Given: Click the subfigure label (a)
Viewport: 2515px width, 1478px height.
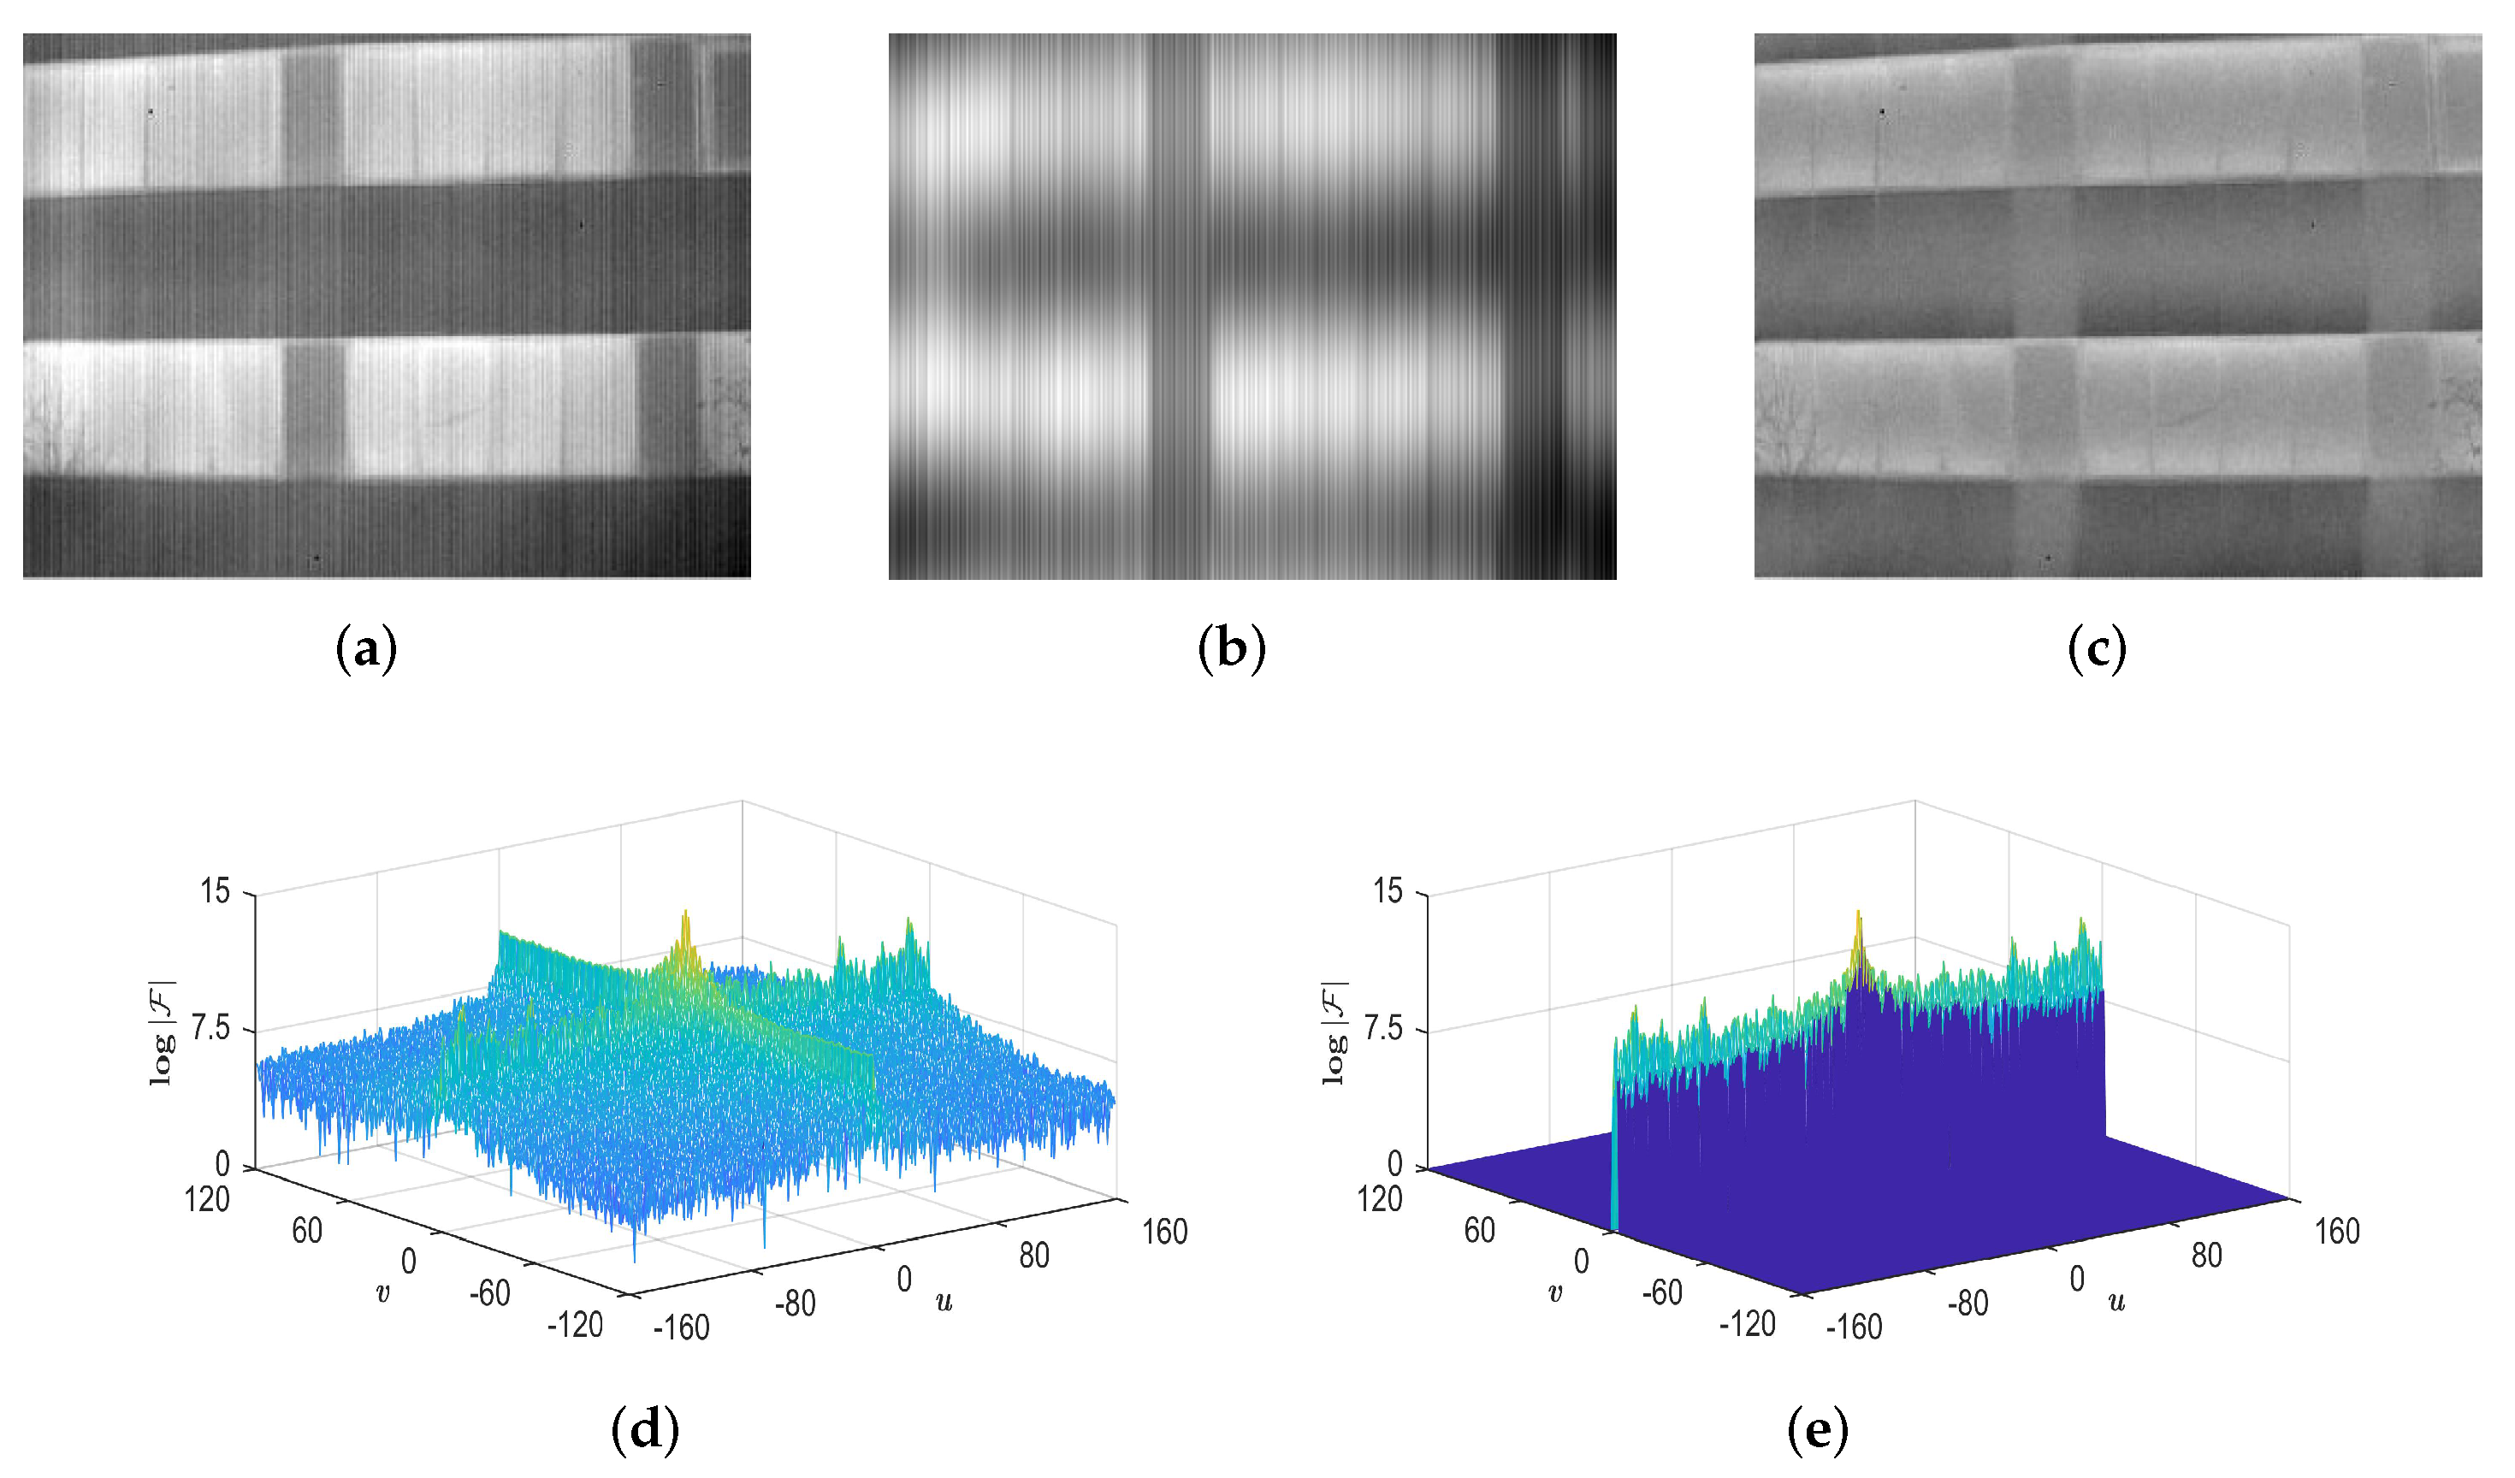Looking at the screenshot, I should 367,650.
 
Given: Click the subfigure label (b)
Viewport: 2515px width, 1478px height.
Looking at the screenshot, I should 1232,650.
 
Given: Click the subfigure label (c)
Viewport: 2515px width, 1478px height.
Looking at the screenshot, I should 2097,650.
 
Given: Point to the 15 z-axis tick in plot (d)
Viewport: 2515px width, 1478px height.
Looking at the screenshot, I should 215,890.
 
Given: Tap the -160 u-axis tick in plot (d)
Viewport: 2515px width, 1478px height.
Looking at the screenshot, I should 681,1327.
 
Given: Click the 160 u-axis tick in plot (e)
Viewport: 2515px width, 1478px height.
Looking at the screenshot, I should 2336,1232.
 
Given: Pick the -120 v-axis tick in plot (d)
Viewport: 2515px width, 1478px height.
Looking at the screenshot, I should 575,1325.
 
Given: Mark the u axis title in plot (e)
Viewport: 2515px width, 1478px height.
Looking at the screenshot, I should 2116,1300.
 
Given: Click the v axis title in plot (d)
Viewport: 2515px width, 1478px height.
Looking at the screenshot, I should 382,1293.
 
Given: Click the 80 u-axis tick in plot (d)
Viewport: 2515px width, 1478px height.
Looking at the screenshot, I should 1034,1256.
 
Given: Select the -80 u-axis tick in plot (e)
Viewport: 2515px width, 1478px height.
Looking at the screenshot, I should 1968,1304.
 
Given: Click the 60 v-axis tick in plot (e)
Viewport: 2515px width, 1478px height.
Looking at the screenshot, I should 1479,1231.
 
